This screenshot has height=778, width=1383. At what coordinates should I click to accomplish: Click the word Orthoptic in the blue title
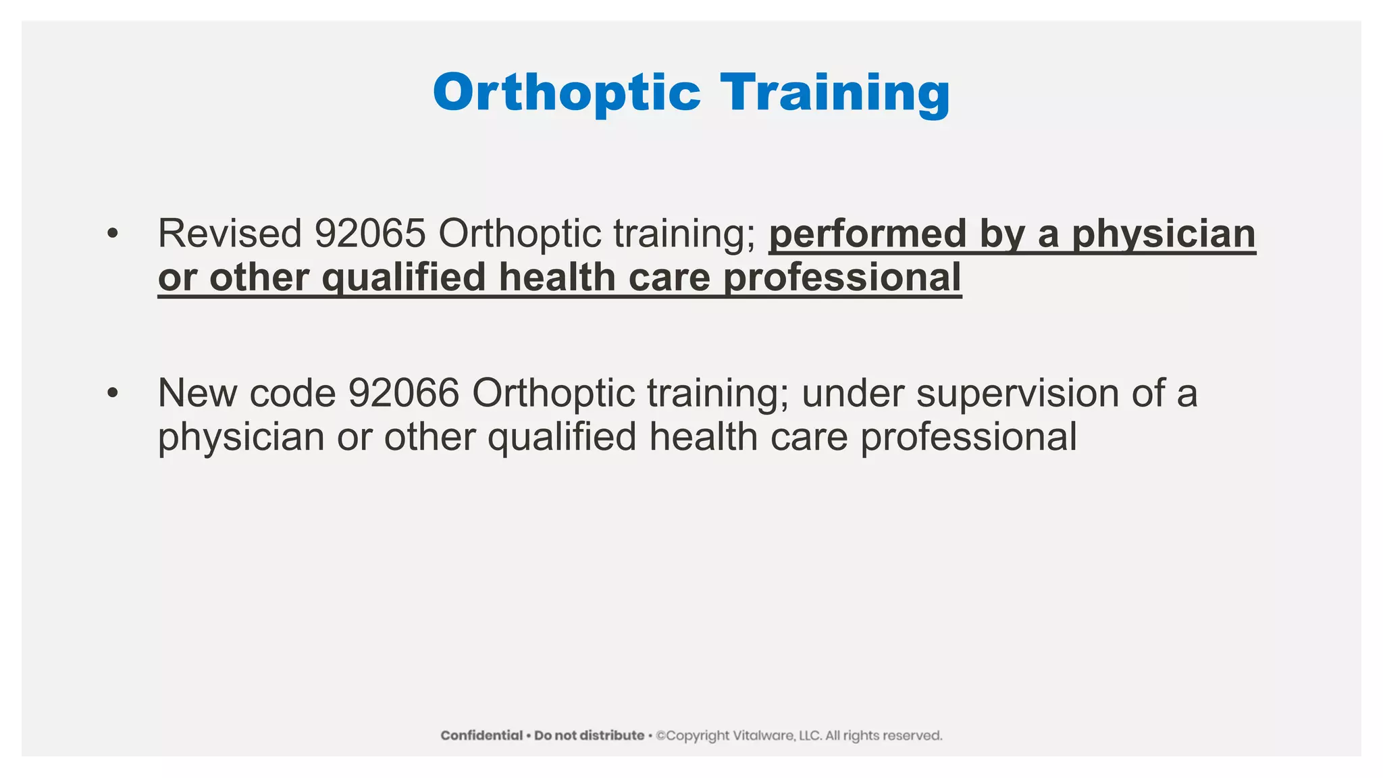(567, 93)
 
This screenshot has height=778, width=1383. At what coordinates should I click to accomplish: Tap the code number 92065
(370, 234)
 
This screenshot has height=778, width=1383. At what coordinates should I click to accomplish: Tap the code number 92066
(403, 393)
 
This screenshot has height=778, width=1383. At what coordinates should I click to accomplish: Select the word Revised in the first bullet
(230, 234)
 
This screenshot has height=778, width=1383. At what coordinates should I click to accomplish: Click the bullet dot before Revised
(112, 234)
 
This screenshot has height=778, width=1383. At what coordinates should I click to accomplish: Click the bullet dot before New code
(112, 394)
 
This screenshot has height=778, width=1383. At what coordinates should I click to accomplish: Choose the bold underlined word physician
(1164, 234)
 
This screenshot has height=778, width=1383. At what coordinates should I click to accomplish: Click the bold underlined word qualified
(403, 278)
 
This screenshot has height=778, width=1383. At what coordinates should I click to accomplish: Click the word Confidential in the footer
(481, 735)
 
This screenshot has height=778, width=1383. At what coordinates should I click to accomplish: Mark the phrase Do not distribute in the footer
(589, 735)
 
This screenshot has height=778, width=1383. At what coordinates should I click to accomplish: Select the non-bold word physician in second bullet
(240, 437)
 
